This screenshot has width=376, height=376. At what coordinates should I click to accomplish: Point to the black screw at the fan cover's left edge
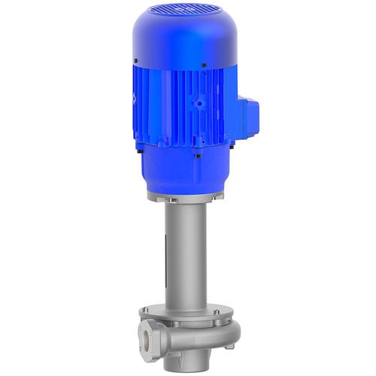pyautogui.click(x=135, y=60)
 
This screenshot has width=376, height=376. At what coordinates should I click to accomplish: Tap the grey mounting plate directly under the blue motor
pyautogui.click(x=185, y=196)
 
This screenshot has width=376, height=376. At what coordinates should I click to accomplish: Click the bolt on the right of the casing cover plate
pyautogui.click(x=216, y=313)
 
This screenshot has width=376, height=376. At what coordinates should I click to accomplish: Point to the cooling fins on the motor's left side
pyautogui.click(x=143, y=113)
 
